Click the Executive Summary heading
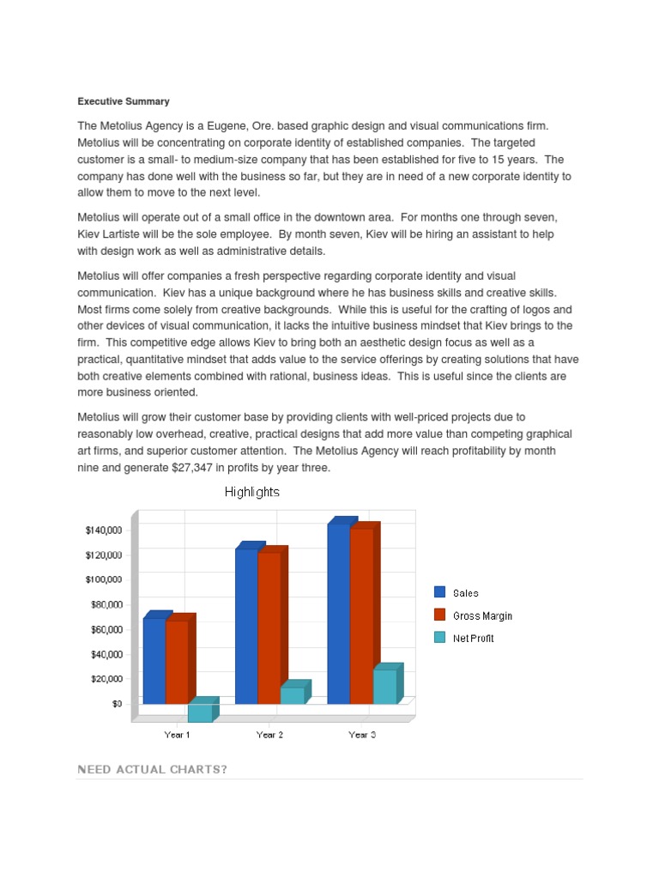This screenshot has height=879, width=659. [124, 102]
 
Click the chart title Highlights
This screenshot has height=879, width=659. [251, 493]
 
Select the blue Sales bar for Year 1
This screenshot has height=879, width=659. [154, 661]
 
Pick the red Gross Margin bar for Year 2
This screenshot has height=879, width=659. [269, 627]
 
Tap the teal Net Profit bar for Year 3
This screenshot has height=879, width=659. [384, 687]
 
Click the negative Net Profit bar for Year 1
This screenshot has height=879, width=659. [200, 712]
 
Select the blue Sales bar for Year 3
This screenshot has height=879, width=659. [339, 614]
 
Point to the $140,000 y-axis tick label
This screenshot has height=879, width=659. [103, 530]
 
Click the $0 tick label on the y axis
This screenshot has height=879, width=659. [117, 704]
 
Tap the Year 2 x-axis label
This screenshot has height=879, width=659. [269, 736]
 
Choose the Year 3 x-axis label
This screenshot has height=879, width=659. [361, 736]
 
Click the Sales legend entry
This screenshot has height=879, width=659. [466, 593]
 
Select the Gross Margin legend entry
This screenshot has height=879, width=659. [482, 616]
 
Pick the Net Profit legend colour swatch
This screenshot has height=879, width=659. [440, 638]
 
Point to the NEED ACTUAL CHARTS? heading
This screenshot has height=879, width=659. [152, 769]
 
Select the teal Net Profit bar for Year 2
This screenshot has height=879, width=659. [293, 695]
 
